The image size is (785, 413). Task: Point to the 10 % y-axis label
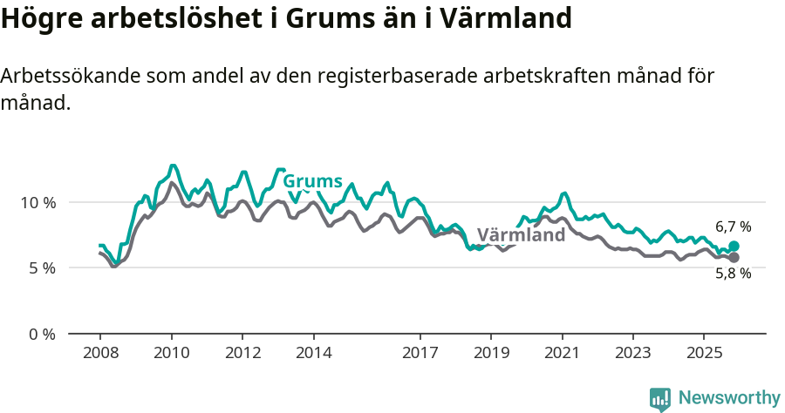[x=38, y=202]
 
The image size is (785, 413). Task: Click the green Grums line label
[x=312, y=181]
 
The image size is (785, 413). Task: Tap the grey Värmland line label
[x=521, y=235]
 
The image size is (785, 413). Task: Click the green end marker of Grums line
[x=734, y=247]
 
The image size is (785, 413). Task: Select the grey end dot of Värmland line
[x=734, y=258]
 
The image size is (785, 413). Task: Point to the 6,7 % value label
[x=733, y=227]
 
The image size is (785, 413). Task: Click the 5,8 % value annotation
[x=733, y=274]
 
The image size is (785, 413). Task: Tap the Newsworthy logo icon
[x=660, y=399]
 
